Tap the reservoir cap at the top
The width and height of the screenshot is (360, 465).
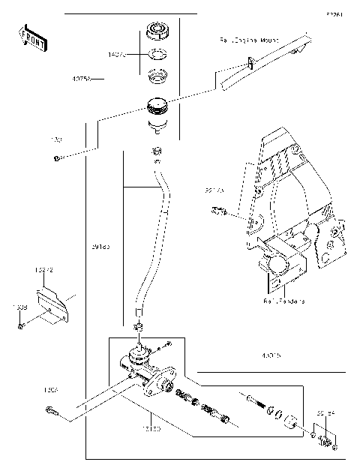[157, 33]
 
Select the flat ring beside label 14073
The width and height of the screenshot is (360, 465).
[157, 54]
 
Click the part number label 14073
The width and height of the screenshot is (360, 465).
[118, 55]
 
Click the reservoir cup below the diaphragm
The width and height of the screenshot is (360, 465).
[157, 108]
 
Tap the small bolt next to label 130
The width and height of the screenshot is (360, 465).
[56, 157]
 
